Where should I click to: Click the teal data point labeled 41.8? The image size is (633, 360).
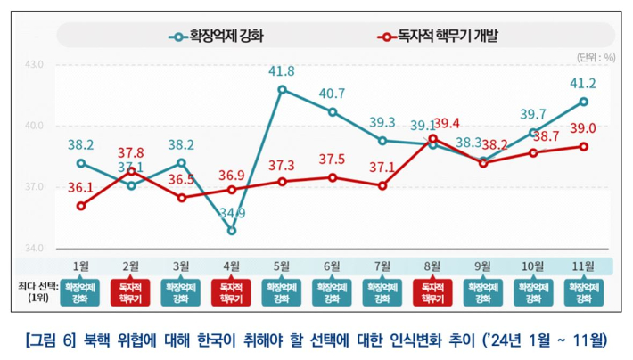coord(282,89)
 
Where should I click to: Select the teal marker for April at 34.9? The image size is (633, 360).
coord(232,230)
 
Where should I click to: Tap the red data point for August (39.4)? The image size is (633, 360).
coord(432,138)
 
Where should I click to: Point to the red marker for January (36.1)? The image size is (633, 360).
coord(80,206)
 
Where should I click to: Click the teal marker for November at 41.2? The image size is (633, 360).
coord(583,102)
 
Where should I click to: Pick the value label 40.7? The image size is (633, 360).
coord(333,94)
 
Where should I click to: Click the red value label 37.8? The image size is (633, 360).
coord(131,151)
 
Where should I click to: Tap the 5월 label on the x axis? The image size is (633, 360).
coord(282,266)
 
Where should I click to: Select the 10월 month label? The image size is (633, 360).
coord(533,266)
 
